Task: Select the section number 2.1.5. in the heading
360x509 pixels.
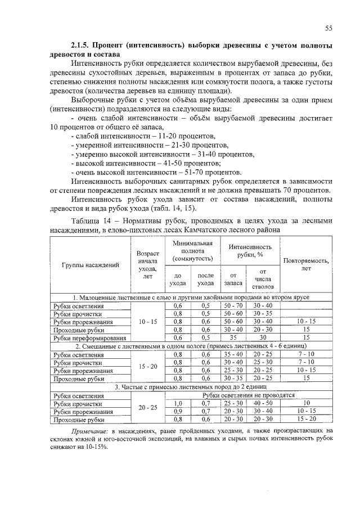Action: (x=82, y=44)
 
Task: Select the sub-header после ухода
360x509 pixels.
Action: (x=206, y=279)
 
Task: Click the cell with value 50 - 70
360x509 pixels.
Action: (x=233, y=305)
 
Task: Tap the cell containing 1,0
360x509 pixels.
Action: (x=178, y=403)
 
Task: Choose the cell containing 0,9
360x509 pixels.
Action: (x=178, y=411)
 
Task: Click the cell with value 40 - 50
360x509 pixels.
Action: (x=263, y=403)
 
